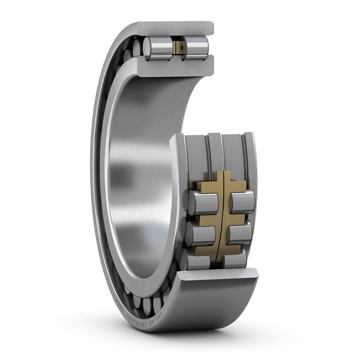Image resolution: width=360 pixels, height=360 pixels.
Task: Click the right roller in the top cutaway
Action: [x=196, y=47]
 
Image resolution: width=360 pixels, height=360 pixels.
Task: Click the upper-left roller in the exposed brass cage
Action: [x=201, y=203]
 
